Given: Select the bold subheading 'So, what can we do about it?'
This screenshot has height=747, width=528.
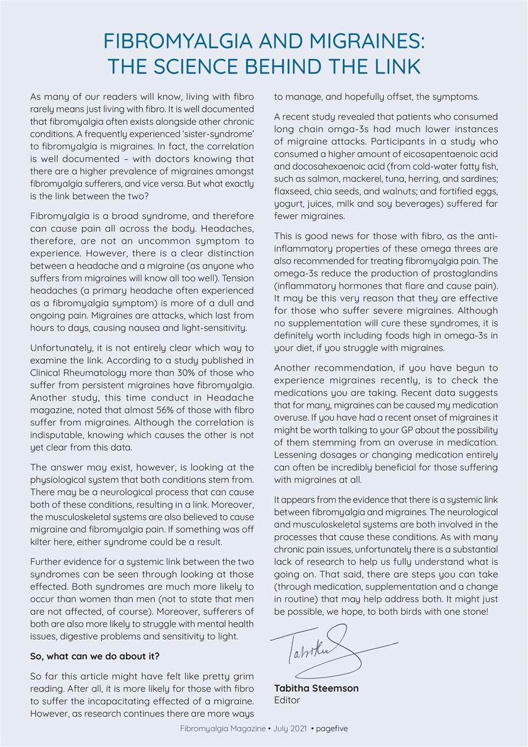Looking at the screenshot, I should pos(95,656).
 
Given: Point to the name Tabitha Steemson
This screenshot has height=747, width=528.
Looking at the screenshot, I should pos(316,688).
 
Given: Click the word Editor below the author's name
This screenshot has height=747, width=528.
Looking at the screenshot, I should pos(287,700).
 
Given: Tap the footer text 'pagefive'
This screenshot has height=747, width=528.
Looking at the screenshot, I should pos(332,729).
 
